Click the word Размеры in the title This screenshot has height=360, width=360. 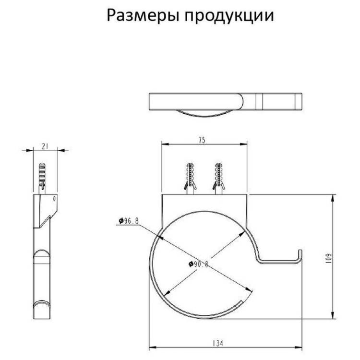tap(143, 16)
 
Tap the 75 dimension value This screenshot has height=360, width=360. tap(202, 140)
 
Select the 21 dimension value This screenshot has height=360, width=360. tap(45, 146)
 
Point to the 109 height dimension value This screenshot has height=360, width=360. tap(329, 258)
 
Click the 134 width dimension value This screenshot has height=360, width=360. tap(217, 343)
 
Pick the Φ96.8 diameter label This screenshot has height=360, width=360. tap(129, 221)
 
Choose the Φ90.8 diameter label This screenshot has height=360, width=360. tap(198, 264)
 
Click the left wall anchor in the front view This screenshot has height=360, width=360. tap(190, 178)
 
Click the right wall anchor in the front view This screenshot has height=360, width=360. tap(218, 178)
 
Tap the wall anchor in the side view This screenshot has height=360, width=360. tap(42, 178)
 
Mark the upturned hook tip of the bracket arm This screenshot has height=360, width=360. tap(300, 251)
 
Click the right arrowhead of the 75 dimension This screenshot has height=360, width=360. tap(243, 144)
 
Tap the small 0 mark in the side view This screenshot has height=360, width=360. tap(54, 199)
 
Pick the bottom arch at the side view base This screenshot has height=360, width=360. tap(42, 302)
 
